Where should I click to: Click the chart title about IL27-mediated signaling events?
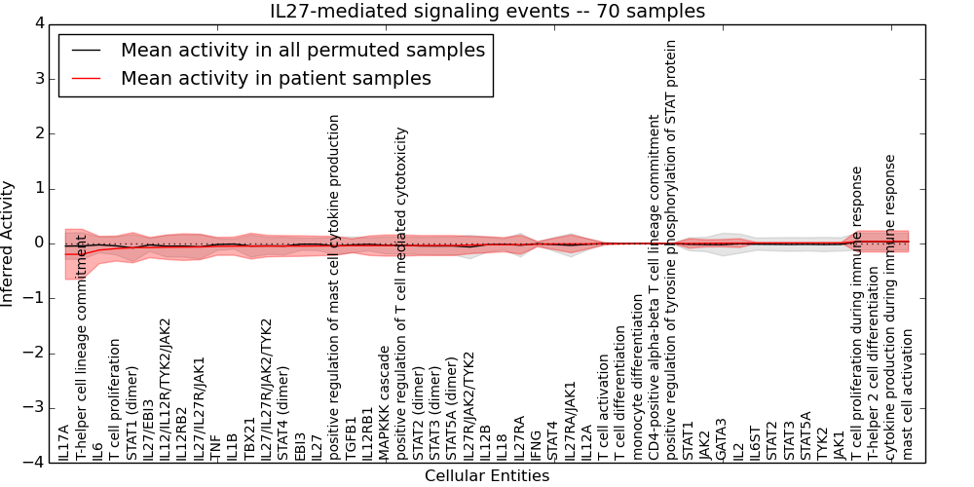[x=487, y=12]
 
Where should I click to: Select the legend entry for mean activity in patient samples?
[x=276, y=78]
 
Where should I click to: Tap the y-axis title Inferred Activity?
[x=9, y=243]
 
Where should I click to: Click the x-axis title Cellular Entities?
[x=487, y=475]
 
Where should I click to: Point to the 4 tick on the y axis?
[x=38, y=24]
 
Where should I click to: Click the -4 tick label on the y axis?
[x=34, y=463]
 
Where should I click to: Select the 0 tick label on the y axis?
[x=38, y=243]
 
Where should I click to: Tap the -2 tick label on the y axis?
[x=34, y=354]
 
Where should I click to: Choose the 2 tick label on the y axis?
[x=38, y=133]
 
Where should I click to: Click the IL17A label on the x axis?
[x=64, y=442]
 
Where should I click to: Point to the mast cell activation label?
[x=908, y=393]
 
